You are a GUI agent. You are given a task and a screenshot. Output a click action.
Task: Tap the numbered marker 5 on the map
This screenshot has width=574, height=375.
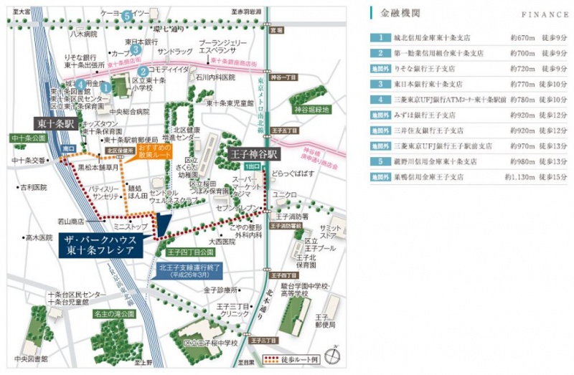(126, 15)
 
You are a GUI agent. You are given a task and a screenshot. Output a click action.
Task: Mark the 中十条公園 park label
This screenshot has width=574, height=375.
(27, 138)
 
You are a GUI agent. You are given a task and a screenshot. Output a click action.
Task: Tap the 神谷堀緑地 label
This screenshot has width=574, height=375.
(311, 110)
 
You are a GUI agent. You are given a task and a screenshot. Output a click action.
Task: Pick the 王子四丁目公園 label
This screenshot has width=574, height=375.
(190, 252)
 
